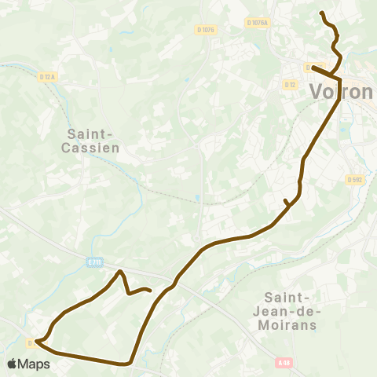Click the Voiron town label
point(342,92)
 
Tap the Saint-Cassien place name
point(88,141)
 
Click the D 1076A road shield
point(256,24)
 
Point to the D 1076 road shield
point(205,30)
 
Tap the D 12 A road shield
point(48,76)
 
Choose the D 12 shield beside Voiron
point(290,83)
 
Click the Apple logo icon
point(13,364)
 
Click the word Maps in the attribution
point(34,364)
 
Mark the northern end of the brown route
point(322,13)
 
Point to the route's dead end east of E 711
point(149,291)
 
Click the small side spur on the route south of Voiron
point(285,202)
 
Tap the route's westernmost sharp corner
point(36,342)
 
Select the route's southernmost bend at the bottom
point(126,364)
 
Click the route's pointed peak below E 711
point(120,272)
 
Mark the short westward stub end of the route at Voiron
point(313,67)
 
